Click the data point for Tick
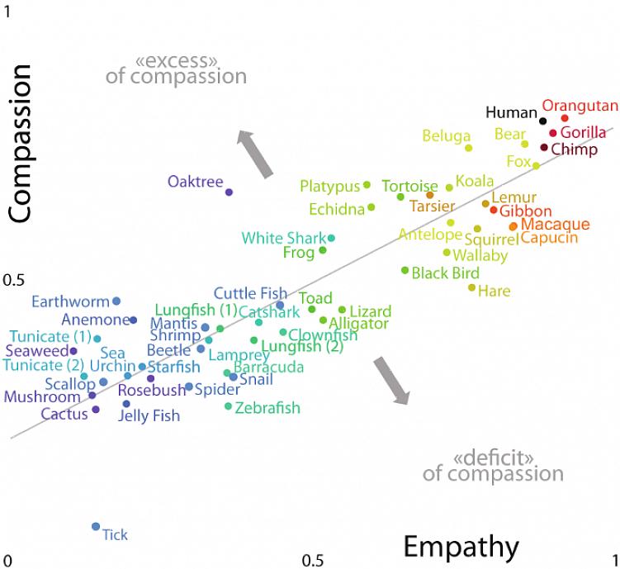point(96,526)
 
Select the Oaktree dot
point(229,192)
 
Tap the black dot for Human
point(542,121)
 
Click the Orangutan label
point(580,106)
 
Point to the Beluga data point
point(468,148)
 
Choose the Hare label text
point(494,291)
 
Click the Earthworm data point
point(116,301)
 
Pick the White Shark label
point(283,239)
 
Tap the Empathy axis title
point(461,547)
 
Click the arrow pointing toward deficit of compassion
point(390,380)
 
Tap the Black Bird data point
point(405,270)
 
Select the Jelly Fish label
point(149,415)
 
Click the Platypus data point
point(367,185)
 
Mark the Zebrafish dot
point(229,405)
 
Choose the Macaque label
point(556,225)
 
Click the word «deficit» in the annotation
point(493,458)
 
